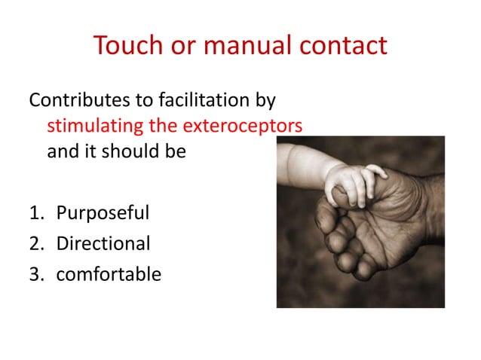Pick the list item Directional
103,243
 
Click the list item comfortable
109,273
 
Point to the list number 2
35,243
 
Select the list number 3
35,273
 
